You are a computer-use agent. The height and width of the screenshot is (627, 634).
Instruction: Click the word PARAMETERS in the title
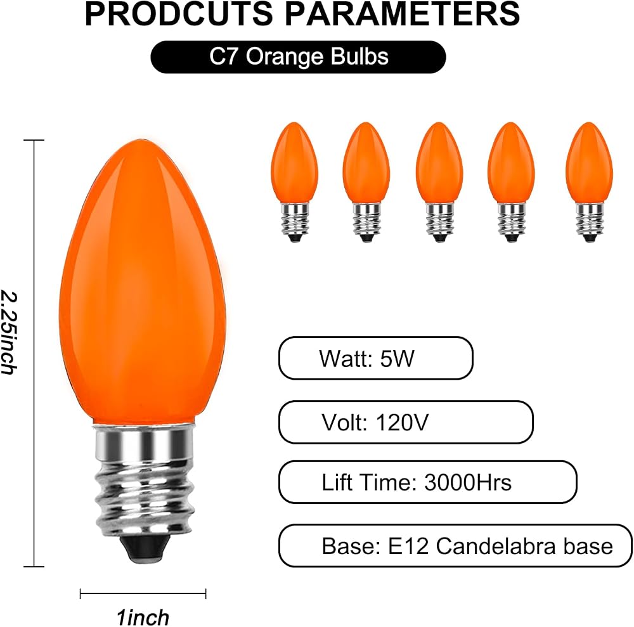403,14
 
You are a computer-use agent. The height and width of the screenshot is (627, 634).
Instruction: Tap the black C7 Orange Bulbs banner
299,57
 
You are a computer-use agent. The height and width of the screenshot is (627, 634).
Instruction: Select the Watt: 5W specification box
375,358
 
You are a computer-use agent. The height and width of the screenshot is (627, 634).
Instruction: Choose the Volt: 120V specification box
406,422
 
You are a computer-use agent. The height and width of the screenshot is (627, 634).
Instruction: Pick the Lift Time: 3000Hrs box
428,482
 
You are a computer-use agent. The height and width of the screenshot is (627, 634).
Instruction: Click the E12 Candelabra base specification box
455,546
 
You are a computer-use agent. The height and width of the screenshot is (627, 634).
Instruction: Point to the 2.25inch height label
9,332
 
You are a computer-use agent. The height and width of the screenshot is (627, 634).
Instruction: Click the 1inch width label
143,617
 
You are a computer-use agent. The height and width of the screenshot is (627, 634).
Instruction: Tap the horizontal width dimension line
143,594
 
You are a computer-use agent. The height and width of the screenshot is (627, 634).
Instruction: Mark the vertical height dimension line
34,353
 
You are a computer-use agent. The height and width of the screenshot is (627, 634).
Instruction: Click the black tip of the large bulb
145,548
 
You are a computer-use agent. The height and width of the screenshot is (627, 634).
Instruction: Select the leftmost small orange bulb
295,182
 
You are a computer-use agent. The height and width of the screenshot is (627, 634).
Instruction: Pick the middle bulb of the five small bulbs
439,182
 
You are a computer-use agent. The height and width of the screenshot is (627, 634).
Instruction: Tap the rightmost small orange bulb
589,182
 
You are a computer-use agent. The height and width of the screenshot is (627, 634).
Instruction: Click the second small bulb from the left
366,182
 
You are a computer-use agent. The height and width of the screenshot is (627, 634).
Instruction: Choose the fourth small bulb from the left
511,182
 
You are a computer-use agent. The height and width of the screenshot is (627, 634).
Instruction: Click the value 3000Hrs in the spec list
468,482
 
